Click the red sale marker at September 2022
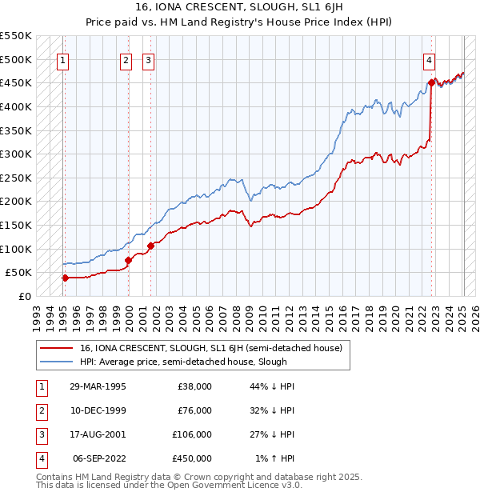click(431, 82)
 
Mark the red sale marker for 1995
click(65, 278)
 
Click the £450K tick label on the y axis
click(16, 82)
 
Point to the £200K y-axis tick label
click(16, 201)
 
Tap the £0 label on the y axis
click(25, 296)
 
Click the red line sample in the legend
click(56, 348)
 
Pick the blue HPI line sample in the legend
click(56, 362)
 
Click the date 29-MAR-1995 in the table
click(98, 386)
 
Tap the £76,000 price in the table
click(194, 410)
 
